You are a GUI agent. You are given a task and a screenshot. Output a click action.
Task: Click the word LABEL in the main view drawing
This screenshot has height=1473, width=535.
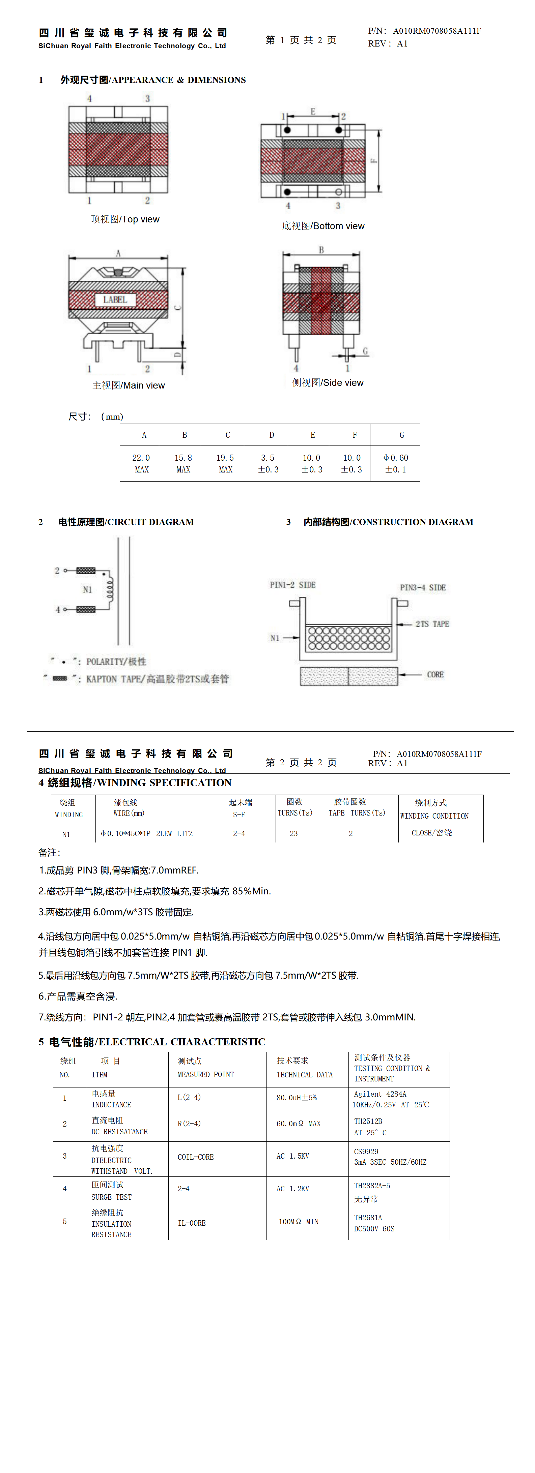(x=115, y=300)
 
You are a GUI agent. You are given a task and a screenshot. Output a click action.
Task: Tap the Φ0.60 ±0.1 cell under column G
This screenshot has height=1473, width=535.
(x=395, y=463)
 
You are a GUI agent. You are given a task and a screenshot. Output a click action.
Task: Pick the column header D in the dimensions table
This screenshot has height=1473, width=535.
(x=271, y=435)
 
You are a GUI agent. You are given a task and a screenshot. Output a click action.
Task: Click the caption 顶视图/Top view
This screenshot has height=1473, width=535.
(x=125, y=219)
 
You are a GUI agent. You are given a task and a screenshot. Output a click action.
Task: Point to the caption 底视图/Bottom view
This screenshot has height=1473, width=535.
(x=323, y=226)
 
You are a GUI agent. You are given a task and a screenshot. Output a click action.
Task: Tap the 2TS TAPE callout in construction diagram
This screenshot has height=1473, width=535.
(x=432, y=624)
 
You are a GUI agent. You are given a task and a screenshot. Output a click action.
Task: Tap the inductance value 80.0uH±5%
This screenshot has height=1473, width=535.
(x=297, y=1098)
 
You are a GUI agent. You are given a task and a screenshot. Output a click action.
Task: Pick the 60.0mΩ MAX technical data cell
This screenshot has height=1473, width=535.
(x=298, y=1124)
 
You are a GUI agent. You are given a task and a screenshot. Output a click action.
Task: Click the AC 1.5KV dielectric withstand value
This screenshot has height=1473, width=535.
(x=292, y=1156)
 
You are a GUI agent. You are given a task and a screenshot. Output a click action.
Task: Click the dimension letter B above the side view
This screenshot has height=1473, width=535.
(x=321, y=250)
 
